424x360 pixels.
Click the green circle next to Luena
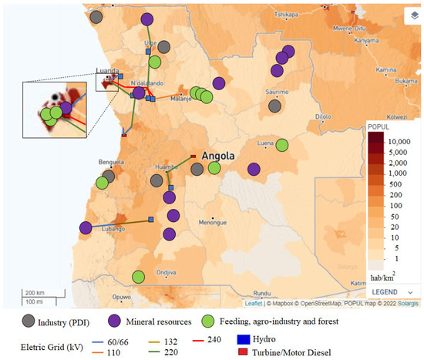282,145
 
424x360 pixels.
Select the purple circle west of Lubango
86,227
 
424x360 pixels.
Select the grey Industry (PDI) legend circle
29,320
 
